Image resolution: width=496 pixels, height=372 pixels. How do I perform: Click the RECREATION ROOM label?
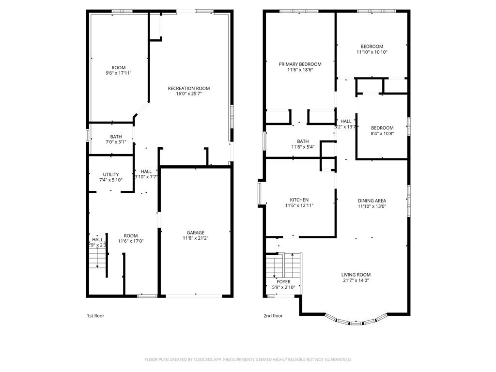(x=188, y=88)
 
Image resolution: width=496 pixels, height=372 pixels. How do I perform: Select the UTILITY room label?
(x=110, y=174)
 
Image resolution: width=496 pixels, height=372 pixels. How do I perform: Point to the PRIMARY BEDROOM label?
(x=300, y=64)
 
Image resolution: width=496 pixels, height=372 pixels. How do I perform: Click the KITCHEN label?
(x=299, y=200)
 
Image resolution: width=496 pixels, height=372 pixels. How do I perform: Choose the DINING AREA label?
(x=372, y=200)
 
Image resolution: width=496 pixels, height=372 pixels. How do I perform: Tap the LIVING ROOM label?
(x=356, y=275)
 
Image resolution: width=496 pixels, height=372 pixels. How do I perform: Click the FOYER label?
(x=283, y=281)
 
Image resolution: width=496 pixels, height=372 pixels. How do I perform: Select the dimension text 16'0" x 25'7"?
(x=188, y=94)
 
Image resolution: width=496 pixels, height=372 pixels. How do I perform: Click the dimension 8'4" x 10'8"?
(x=382, y=134)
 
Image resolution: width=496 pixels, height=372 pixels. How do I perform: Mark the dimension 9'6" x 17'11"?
(x=118, y=73)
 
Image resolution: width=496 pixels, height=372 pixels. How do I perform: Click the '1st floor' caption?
(x=95, y=316)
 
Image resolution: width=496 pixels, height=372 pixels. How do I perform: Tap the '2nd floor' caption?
(x=273, y=316)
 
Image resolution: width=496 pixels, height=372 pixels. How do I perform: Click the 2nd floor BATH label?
(x=303, y=141)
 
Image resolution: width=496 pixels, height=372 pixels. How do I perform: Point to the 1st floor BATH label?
(x=116, y=137)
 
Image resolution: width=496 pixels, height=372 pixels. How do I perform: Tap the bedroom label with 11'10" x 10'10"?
(x=372, y=46)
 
